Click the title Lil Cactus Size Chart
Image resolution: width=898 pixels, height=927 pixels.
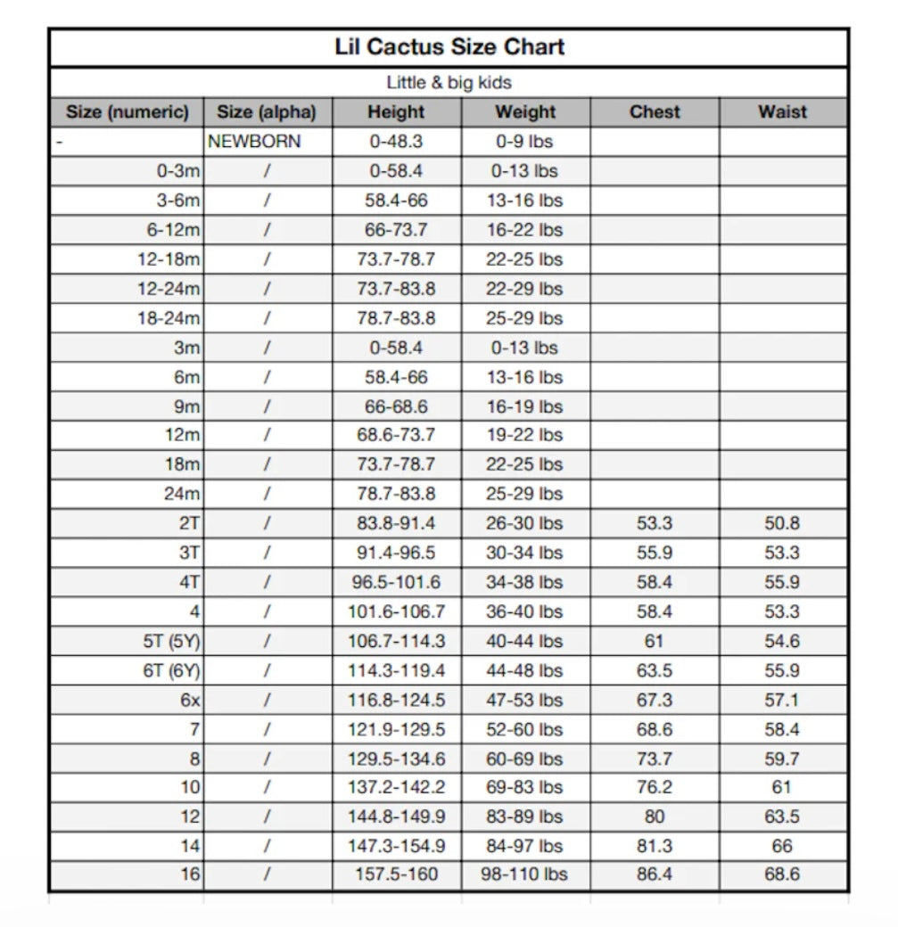(449, 46)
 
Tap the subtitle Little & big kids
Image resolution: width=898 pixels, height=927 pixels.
(449, 83)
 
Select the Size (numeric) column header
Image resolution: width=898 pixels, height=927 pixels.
(127, 112)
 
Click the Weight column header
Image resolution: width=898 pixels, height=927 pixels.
(525, 112)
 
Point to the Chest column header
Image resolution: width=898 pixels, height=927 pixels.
(655, 112)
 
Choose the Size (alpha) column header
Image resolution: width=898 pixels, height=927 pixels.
(267, 112)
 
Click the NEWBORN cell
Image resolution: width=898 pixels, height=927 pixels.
(254, 141)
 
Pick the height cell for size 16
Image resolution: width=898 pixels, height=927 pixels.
(397, 874)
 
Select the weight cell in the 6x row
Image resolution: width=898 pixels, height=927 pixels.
(524, 700)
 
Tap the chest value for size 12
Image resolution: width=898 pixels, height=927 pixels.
(655, 816)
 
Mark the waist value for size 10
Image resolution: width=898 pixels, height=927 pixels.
(782, 787)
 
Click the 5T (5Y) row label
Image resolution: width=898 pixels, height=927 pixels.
(171, 641)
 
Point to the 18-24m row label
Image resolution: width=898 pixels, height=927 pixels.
(169, 318)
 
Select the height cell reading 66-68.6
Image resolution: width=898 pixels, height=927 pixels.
(397, 406)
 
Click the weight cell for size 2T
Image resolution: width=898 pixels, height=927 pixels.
(524, 523)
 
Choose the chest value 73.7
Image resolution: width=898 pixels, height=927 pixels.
(655, 759)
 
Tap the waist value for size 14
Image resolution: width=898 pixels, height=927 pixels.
(782, 845)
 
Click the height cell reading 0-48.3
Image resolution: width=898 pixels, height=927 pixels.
(397, 141)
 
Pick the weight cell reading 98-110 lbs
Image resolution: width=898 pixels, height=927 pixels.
(524, 874)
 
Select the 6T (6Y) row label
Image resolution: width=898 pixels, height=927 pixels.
(171, 670)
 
